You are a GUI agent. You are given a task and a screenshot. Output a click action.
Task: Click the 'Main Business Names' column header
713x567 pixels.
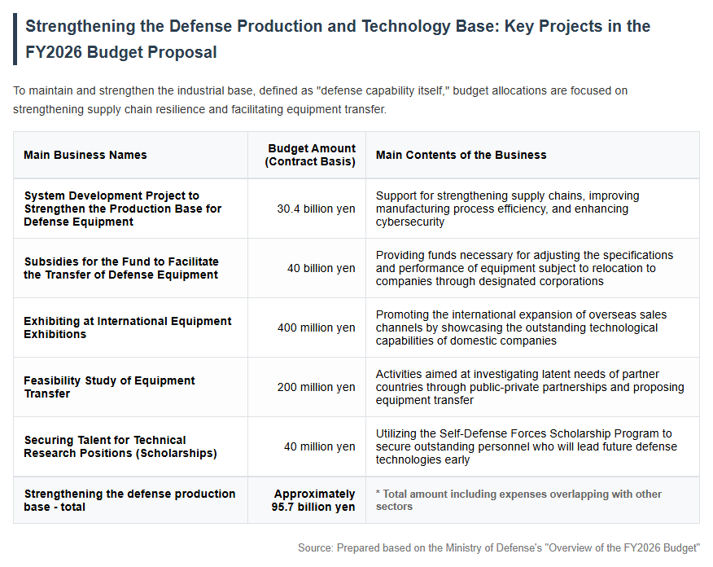[x=85, y=155]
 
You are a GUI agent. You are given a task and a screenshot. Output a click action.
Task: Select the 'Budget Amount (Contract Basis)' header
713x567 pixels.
[x=310, y=155]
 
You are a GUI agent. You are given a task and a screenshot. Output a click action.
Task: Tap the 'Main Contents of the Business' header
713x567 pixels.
[x=461, y=155]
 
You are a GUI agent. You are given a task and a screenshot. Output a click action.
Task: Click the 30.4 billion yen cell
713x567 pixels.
[x=316, y=209]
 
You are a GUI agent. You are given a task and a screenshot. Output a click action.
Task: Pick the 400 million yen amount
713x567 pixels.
[x=316, y=327]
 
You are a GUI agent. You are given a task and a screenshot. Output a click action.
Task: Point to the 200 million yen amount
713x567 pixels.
[x=316, y=387]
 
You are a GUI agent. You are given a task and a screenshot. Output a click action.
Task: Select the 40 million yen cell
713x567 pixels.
[x=320, y=447]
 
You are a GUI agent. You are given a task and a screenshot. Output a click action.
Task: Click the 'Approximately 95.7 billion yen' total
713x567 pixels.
[x=313, y=500]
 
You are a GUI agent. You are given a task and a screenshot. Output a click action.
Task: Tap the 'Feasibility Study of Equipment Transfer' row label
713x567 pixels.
[x=109, y=387]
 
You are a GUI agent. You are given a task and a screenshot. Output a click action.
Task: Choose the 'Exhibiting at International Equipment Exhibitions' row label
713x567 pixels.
[x=127, y=327]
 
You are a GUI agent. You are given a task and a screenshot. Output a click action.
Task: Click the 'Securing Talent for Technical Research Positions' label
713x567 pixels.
[x=120, y=447]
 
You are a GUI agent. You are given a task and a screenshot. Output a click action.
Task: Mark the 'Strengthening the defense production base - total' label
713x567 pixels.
[x=129, y=500]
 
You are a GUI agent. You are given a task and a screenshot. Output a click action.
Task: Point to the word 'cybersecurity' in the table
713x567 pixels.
[x=409, y=222]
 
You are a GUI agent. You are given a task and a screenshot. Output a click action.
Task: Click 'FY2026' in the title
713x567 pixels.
[x=53, y=52]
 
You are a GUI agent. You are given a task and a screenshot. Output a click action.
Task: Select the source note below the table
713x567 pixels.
[x=499, y=548]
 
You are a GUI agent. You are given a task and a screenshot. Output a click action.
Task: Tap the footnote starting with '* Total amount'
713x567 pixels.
[x=518, y=500]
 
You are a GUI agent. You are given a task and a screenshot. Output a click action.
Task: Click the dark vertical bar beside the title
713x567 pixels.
[x=15, y=39]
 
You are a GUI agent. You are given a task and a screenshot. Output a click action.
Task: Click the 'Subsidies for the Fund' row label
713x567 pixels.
[x=121, y=269]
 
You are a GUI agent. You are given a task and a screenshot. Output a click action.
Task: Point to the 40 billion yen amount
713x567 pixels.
[x=321, y=269]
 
